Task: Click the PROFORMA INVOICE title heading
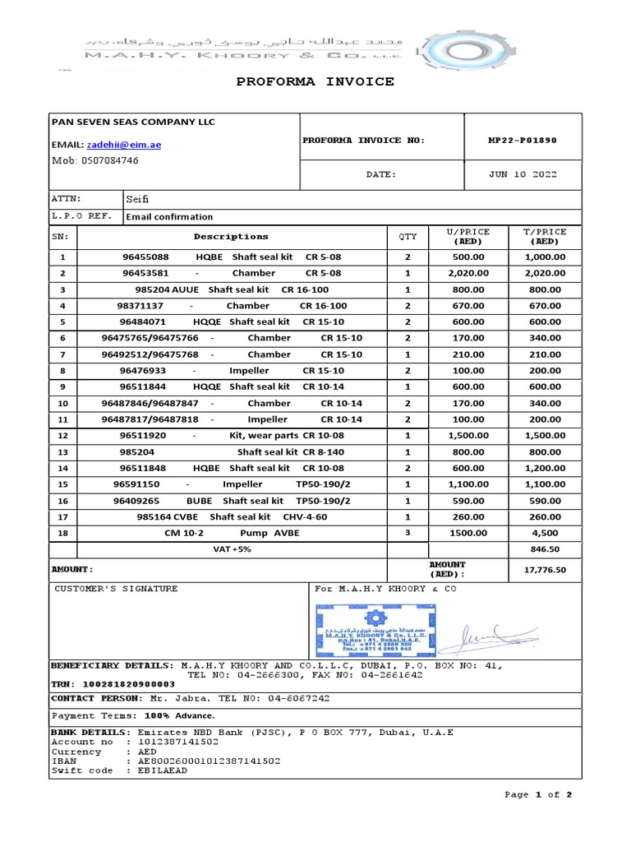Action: pos(315,81)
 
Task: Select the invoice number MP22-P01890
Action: pos(522,140)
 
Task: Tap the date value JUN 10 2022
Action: pos(522,174)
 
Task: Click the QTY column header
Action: pos(408,237)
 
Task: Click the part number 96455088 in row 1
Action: pos(145,257)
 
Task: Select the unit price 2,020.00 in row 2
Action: pos(467,273)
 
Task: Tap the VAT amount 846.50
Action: pos(546,548)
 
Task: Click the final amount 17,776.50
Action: pos(546,569)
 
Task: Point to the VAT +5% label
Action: pos(232,548)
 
